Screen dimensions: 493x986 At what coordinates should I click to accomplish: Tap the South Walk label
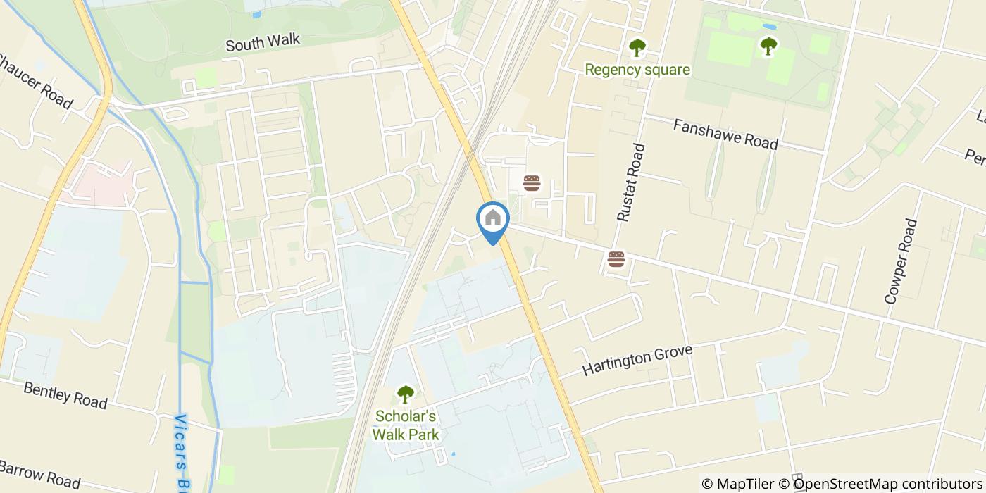[x=263, y=42]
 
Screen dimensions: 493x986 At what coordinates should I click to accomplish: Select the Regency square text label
[x=637, y=70]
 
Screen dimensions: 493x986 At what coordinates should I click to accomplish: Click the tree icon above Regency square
[x=637, y=48]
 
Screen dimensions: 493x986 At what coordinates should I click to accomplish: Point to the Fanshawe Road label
[x=725, y=134]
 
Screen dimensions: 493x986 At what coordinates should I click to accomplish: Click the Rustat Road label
[x=631, y=183]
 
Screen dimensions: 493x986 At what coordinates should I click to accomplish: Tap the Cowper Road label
[x=901, y=261]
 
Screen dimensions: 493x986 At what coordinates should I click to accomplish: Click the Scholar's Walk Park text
[x=406, y=425]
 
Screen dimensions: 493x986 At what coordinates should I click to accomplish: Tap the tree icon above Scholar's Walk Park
[x=405, y=394]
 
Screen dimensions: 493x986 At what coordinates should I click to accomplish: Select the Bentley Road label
[x=65, y=395]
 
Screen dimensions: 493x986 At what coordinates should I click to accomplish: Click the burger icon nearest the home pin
[x=532, y=184]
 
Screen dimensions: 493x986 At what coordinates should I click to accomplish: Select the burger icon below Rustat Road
[x=616, y=259]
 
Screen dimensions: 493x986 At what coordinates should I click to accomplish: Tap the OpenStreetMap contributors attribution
[x=882, y=483]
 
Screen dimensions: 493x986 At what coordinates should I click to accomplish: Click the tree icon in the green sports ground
[x=768, y=46]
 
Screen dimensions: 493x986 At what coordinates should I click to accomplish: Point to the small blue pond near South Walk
[x=256, y=13]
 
